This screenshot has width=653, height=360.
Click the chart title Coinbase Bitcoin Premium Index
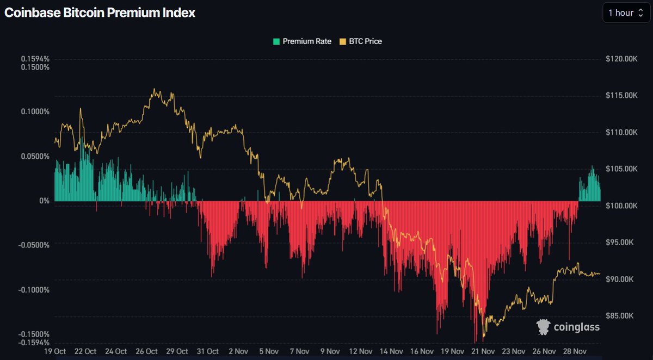coord(100,13)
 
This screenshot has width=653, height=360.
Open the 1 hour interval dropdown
coord(626,13)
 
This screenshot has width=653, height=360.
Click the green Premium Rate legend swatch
coord(276,41)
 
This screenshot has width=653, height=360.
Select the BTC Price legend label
coord(366,41)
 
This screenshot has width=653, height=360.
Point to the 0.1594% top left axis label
coord(35,59)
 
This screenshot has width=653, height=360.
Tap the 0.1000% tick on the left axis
coord(35,112)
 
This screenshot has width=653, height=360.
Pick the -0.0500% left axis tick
coord(34,245)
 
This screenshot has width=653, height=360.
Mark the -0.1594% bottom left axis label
coord(34,343)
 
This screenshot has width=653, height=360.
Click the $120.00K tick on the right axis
coord(621,59)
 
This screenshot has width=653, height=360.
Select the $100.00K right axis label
coord(621,206)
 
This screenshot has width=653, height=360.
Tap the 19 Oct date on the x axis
coord(55,351)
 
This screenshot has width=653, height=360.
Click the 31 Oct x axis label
coord(208,351)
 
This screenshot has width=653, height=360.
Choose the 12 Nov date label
coord(360,351)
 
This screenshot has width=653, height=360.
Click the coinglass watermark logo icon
coord(543,326)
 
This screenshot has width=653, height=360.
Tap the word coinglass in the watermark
coord(577,327)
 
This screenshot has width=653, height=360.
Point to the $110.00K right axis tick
coord(621,132)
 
